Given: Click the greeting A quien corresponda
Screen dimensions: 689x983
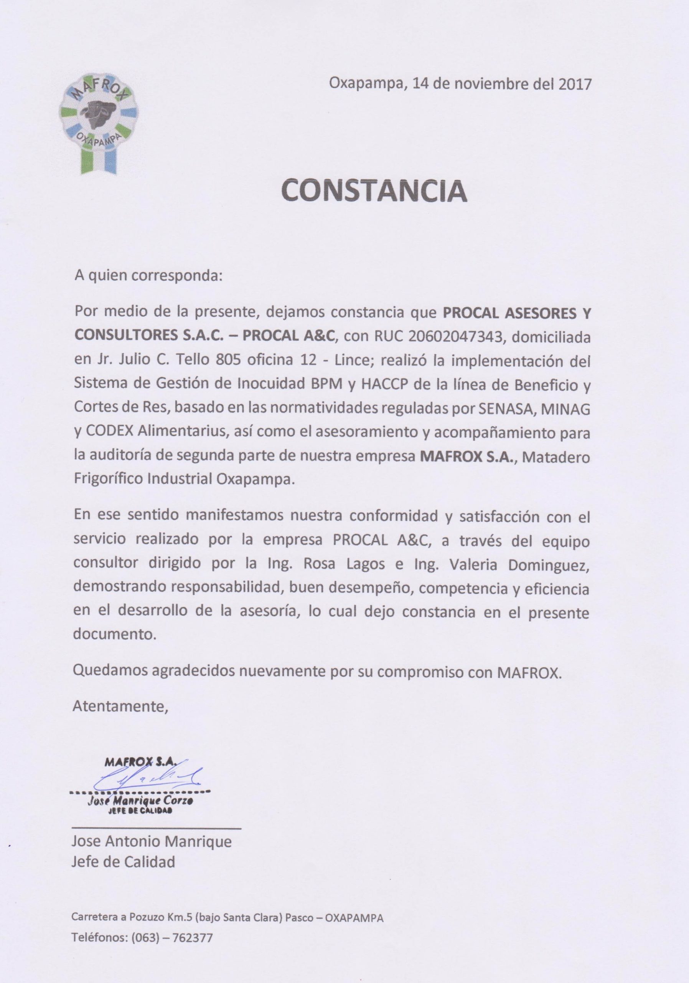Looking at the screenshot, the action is (148, 275).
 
